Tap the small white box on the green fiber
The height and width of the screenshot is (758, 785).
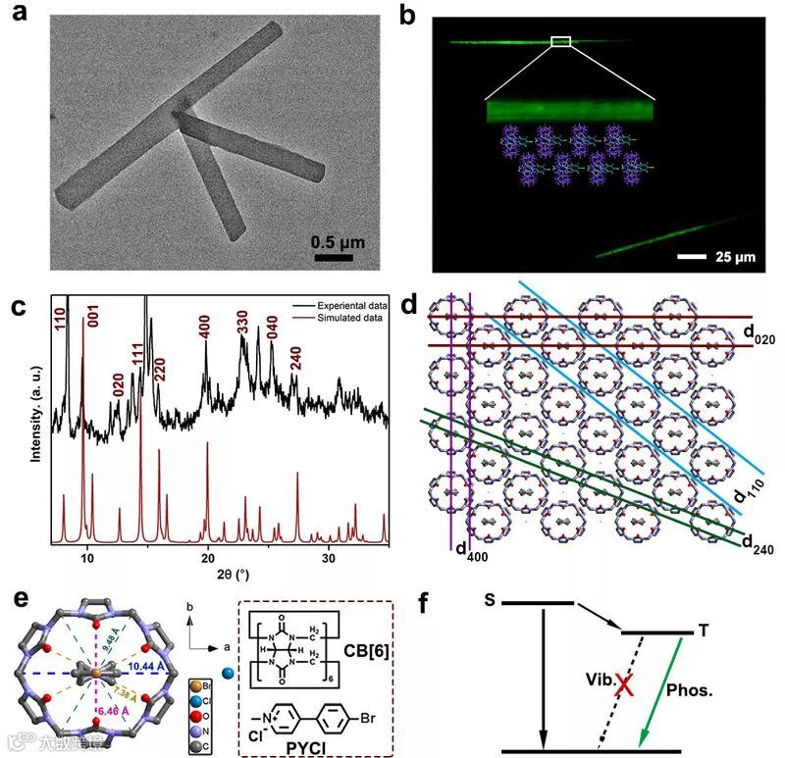pos(560,41)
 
